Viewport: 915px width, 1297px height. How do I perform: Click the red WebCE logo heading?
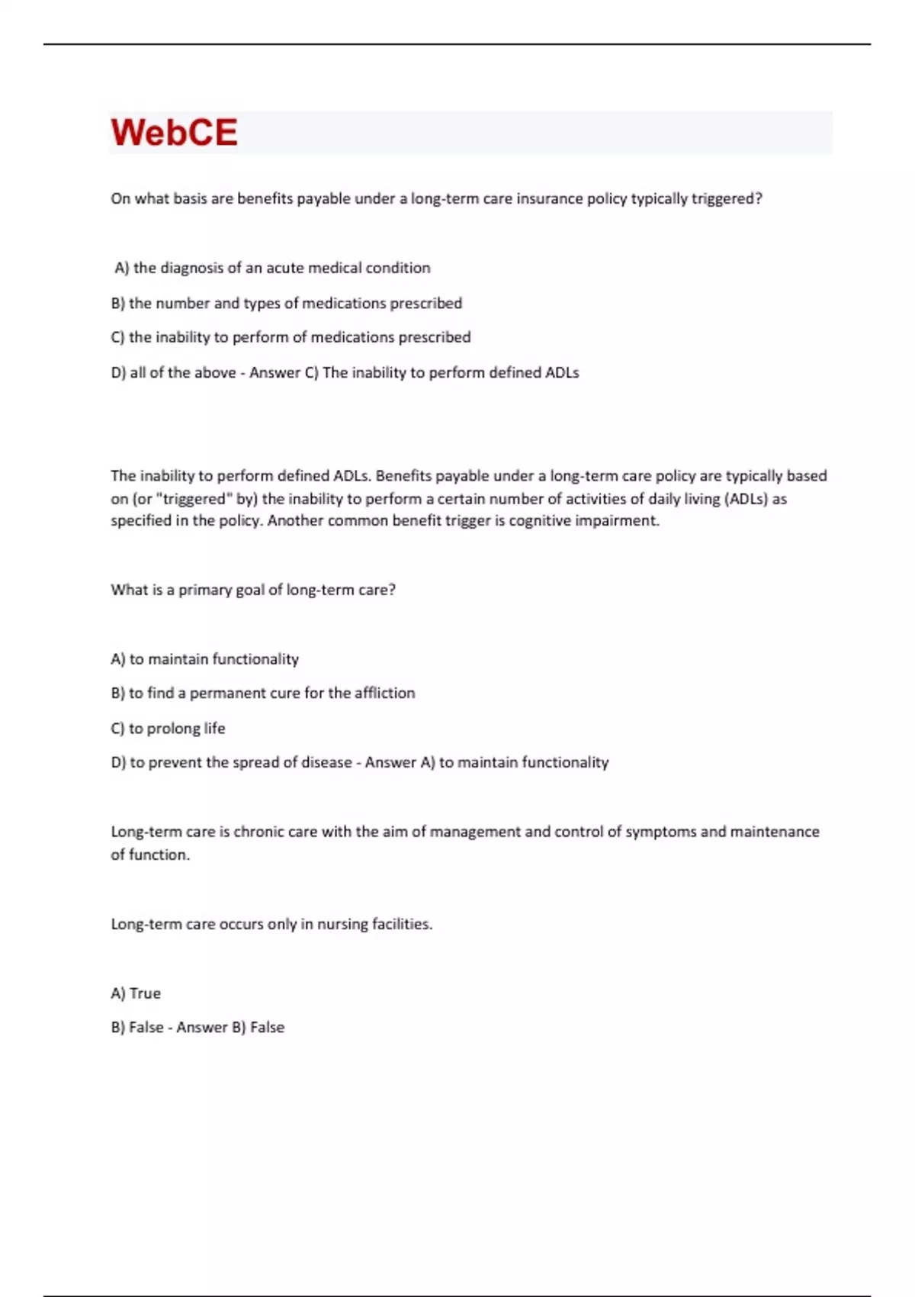point(174,132)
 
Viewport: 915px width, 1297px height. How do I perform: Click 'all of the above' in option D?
point(182,372)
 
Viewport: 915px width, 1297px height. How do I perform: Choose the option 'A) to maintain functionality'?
point(204,659)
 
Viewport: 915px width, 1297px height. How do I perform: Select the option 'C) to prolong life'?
point(168,728)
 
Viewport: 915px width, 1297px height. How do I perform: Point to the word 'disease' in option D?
point(326,762)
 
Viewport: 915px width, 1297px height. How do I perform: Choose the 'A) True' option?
point(136,993)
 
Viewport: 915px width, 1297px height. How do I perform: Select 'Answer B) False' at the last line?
point(230,1028)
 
